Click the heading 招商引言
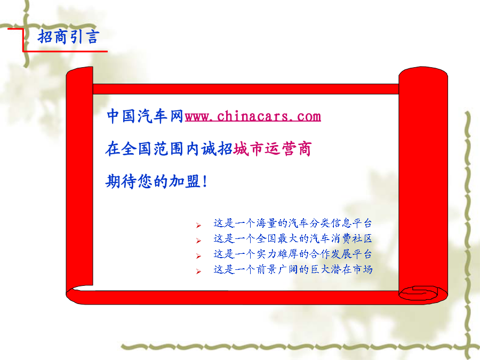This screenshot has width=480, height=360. tap(68, 37)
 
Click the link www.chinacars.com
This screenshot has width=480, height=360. tap(253, 116)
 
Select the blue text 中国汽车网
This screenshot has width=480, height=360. tap(145, 116)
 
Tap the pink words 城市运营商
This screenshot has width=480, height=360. tap(273, 149)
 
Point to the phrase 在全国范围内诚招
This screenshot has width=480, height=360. tap(169, 149)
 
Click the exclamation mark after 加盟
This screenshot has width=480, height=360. tap(205, 181)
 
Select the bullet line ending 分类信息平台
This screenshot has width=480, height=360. tap(293, 223)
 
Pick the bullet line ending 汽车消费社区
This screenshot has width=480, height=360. tap(293, 238)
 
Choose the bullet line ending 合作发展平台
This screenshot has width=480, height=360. tap(293, 254)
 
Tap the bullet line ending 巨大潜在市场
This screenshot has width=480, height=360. tap(293, 269)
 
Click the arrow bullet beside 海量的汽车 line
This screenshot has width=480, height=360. tap(199, 226)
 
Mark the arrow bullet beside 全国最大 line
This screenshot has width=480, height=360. tap(199, 241)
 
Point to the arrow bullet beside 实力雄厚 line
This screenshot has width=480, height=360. tap(199, 256)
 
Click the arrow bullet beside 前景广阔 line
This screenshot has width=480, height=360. tap(199, 271)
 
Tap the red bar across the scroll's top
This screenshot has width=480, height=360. tap(245, 89)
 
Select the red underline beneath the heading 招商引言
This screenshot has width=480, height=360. tap(65, 51)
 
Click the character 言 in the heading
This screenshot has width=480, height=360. tap(92, 37)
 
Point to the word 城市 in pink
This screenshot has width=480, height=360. tap(249, 149)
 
